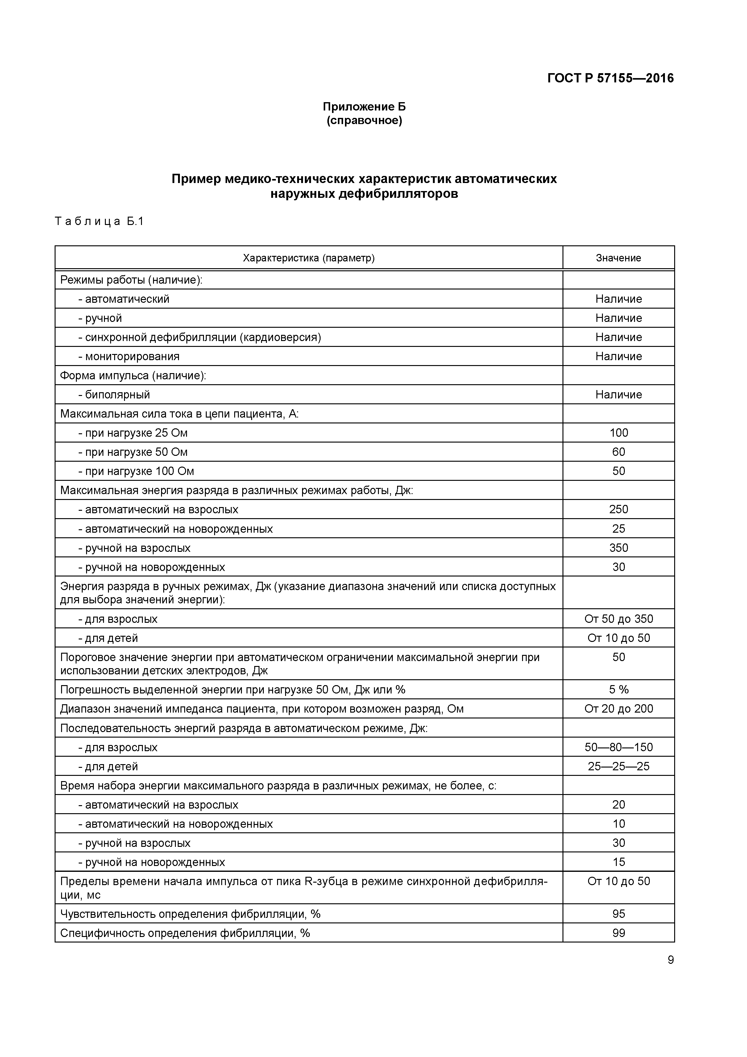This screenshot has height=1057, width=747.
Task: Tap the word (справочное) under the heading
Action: point(364,121)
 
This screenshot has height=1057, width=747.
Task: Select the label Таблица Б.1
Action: point(99,222)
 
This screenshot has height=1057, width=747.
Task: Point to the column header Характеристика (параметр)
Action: point(308,258)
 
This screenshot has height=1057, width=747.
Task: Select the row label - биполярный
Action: point(114,394)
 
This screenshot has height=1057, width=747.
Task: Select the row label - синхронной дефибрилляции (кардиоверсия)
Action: point(200,337)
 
